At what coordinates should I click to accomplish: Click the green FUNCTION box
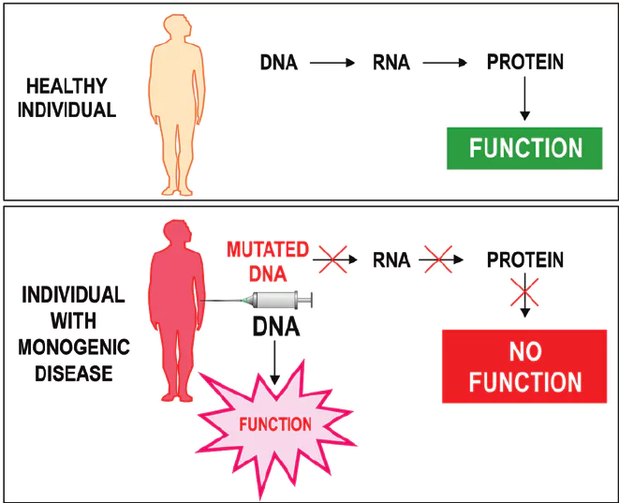[x=525, y=148]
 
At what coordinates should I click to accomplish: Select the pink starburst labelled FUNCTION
[x=274, y=424]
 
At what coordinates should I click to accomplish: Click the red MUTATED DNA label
[x=268, y=261]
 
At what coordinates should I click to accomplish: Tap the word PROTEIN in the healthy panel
[x=525, y=63]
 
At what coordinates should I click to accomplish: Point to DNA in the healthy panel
[x=279, y=64]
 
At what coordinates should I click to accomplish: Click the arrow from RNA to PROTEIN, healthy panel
[x=447, y=64]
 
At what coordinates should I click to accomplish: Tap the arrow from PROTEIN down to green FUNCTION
[x=525, y=99]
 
